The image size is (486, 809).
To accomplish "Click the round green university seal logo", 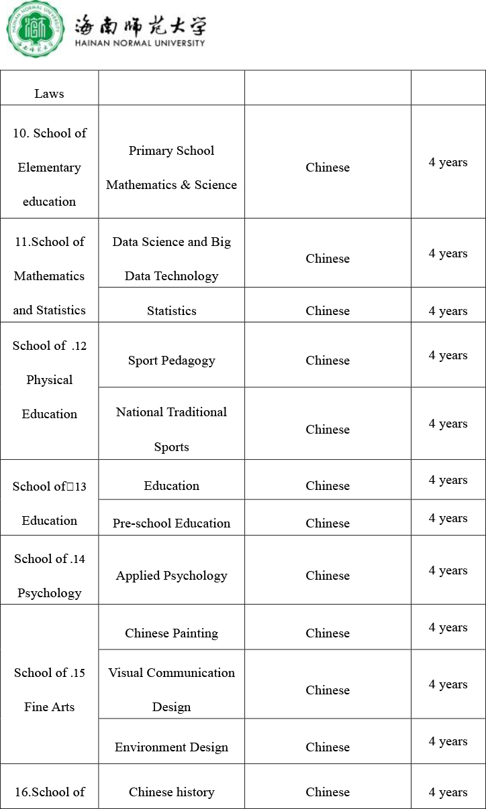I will pyautogui.click(x=36, y=29).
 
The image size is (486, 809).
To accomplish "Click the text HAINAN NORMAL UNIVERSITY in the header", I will pyautogui.click(x=140, y=43).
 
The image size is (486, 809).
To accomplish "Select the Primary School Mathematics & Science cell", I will pyautogui.click(x=171, y=168).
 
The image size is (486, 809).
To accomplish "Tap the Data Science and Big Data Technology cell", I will pyautogui.click(x=171, y=259).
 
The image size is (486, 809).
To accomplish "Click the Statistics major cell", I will pyautogui.click(x=171, y=311).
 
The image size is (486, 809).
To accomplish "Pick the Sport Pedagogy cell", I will pyautogui.click(x=171, y=361).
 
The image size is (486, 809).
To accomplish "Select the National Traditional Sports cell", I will pyautogui.click(x=171, y=429).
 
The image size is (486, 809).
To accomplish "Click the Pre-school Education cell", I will pyautogui.click(x=171, y=523).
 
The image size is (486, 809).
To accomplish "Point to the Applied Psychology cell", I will pyautogui.click(x=171, y=576).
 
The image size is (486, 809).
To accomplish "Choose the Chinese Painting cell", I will pyautogui.click(x=171, y=633).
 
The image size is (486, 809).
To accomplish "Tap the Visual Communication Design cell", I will pyautogui.click(x=171, y=690).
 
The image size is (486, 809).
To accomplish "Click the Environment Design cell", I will pyautogui.click(x=171, y=747).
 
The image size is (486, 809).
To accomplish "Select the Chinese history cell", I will pyautogui.click(x=171, y=792).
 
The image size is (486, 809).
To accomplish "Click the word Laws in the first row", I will pyautogui.click(x=49, y=94).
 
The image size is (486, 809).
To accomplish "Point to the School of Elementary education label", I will pyautogui.click(x=49, y=168).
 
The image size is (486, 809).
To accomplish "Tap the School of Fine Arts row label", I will pyautogui.click(x=49, y=690).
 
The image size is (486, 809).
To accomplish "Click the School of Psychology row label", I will pyautogui.click(x=49, y=576).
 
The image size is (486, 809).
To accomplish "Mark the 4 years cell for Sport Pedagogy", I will pyautogui.click(x=448, y=355).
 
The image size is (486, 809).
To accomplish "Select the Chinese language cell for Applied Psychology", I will pyautogui.click(x=328, y=576).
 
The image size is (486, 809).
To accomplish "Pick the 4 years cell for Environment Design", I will pyautogui.click(x=448, y=741).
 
